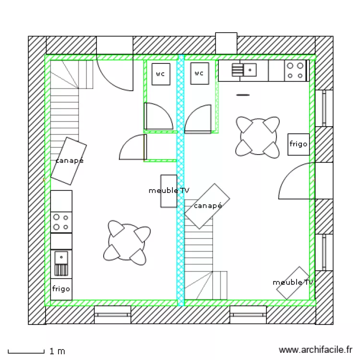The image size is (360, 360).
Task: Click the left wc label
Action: point(160,74)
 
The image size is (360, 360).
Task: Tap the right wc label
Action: point(199,73)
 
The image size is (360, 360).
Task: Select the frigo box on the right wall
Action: point(298,144)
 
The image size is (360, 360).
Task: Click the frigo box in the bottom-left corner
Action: point(61,289)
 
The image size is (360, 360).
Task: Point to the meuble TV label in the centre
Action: point(169,191)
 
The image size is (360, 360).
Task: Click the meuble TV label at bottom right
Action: point(293,282)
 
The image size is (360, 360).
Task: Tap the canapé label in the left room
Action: point(69,160)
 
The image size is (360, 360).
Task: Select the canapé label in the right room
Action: point(208,205)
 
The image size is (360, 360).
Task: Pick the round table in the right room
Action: point(257,137)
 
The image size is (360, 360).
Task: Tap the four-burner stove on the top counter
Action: point(296,71)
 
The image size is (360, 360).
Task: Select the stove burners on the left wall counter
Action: point(61,222)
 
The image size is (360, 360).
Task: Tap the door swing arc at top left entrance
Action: point(115,74)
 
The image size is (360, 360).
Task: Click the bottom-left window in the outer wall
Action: point(112,315)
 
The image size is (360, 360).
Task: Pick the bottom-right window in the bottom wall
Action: point(248,315)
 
